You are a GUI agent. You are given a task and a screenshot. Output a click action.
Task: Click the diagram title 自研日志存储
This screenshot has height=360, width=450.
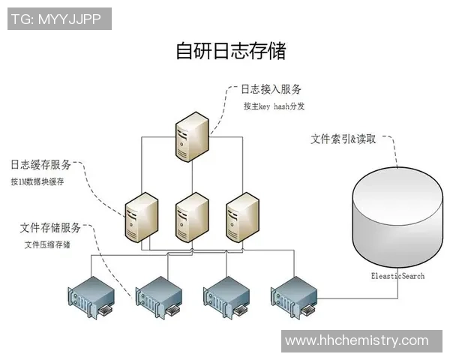pyautogui.click(x=231, y=51)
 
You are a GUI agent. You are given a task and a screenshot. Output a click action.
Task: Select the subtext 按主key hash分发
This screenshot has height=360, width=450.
pyautogui.click(x=274, y=106)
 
